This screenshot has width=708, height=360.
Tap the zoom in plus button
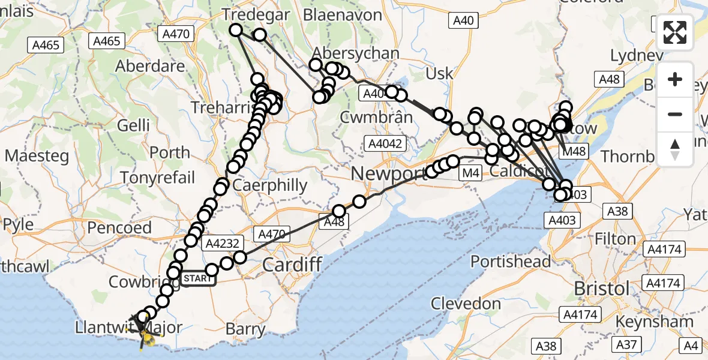tap(675, 79)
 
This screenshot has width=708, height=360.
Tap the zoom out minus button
tap(675, 114)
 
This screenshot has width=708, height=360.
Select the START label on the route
tap(197, 278)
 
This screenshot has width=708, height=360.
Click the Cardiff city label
tap(292, 264)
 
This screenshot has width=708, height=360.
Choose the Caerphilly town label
tap(269, 185)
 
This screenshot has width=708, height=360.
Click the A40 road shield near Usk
tap(463, 21)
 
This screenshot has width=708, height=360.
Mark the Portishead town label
tap(511, 262)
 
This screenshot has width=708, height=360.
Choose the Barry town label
tap(246, 329)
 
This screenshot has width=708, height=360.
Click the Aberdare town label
tap(149, 66)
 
